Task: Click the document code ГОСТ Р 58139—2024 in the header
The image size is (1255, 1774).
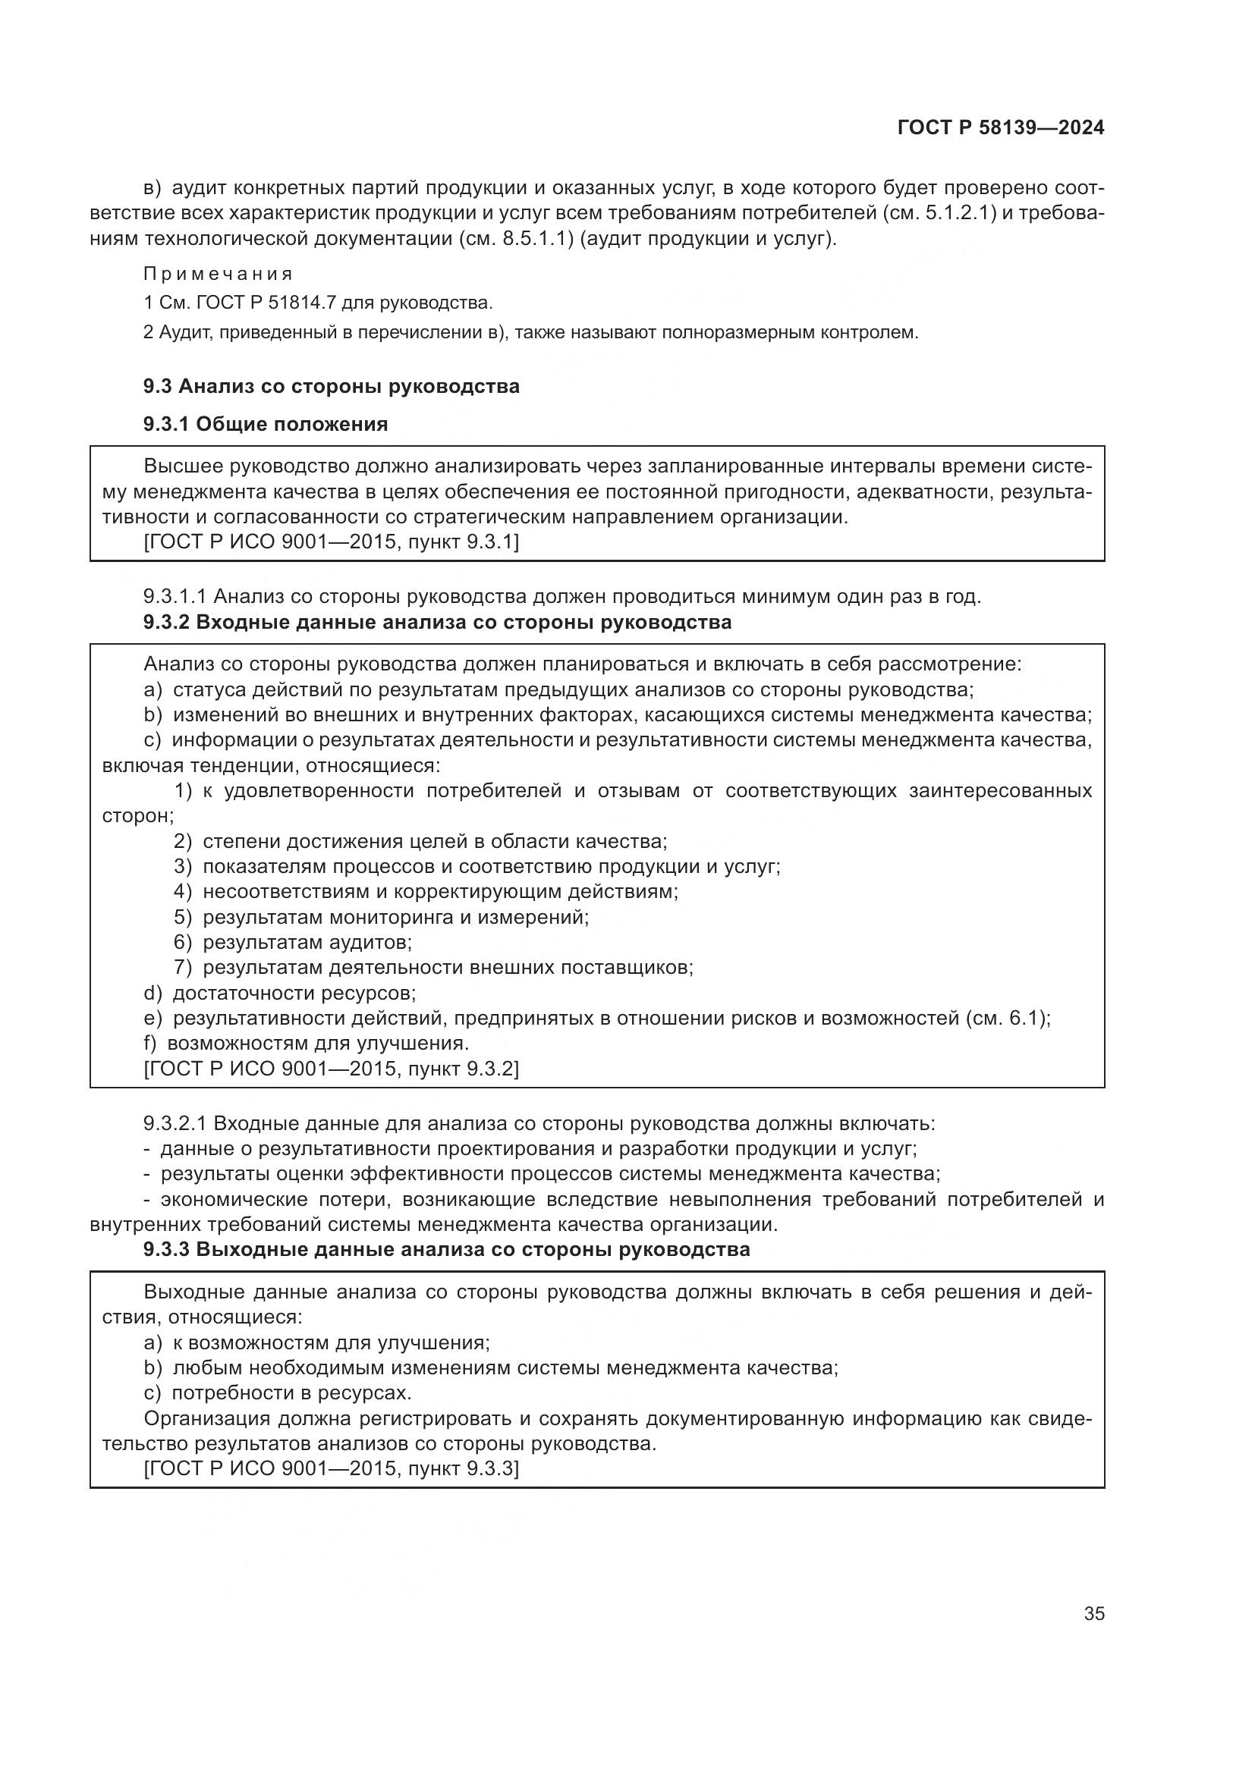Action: [x=1000, y=127]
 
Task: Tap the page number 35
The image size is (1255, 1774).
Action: [x=1093, y=1613]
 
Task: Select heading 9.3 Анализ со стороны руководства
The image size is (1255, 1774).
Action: [x=331, y=386]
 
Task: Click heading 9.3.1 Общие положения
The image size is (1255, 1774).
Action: [x=265, y=424]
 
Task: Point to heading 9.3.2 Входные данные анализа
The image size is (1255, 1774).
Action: [x=436, y=622]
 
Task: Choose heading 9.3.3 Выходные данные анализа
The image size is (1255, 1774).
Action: [x=446, y=1249]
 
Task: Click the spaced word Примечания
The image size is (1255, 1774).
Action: [x=218, y=275]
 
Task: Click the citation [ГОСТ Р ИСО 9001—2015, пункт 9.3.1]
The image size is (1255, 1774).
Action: [x=331, y=542]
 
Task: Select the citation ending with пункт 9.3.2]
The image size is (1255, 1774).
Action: [x=331, y=1069]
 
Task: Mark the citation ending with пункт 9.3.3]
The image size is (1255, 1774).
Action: [x=331, y=1470]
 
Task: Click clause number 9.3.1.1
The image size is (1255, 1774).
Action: [x=175, y=596]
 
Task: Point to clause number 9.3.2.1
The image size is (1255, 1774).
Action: [x=175, y=1123]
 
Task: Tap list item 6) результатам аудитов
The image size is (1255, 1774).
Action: [x=294, y=943]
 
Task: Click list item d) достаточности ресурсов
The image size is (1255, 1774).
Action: [x=280, y=993]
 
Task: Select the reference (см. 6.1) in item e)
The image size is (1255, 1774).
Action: [x=1007, y=1019]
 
